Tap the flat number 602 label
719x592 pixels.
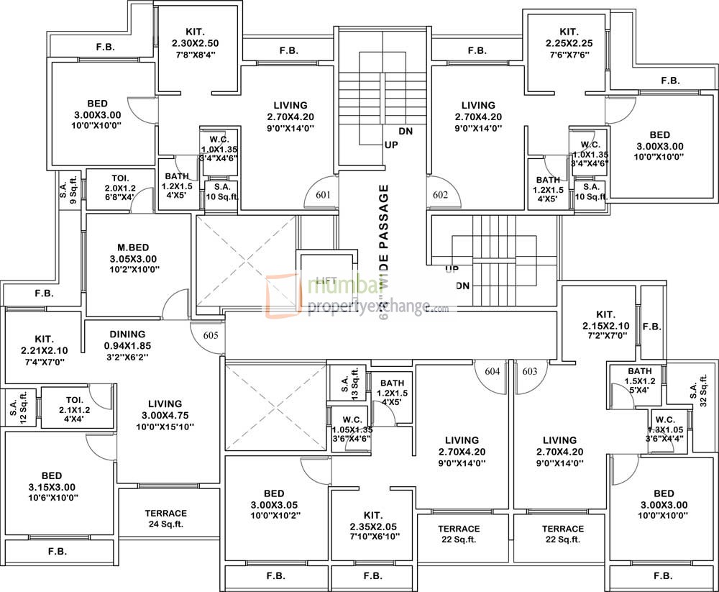pos(441,194)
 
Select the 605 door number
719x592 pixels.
pos(210,335)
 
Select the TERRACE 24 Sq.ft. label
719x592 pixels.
pos(165,519)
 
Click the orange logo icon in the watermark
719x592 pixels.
pos(282,295)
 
